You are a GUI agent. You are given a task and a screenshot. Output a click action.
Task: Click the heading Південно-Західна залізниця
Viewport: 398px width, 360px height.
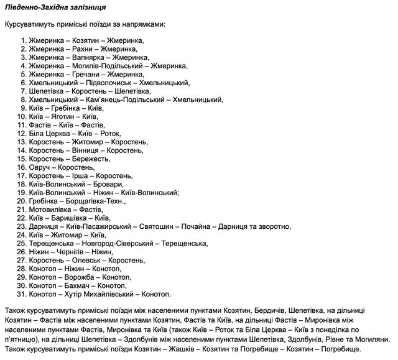55,9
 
